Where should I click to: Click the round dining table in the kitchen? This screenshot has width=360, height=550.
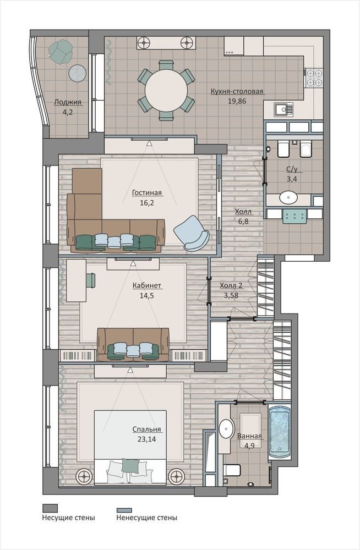pos(166,91)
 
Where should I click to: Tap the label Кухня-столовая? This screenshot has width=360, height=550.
pos(237,91)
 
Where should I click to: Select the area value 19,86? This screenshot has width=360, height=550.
pos(237,101)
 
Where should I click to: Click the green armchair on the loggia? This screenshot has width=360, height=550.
pos(61,52)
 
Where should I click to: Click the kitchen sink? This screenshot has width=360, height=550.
pos(283,109)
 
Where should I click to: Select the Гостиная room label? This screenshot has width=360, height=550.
pos(147,193)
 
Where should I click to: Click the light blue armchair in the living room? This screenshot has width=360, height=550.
pos(192,233)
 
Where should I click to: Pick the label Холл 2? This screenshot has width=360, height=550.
pos(231,285)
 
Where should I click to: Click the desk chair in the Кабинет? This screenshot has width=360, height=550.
pos(91,279)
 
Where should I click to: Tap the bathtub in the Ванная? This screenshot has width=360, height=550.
pos(279,433)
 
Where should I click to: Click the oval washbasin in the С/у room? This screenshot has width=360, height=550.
pos(288,197)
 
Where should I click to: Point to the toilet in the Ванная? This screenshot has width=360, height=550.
pos(232,469)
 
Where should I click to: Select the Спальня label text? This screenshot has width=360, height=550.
pos(146,430)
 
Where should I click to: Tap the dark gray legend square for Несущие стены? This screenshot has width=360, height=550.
pos(50,508)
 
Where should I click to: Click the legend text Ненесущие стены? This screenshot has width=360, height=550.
pos(147,518)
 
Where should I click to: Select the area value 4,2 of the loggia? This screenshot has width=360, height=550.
pos(68,112)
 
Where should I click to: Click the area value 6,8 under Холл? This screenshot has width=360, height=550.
pos(243,221)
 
